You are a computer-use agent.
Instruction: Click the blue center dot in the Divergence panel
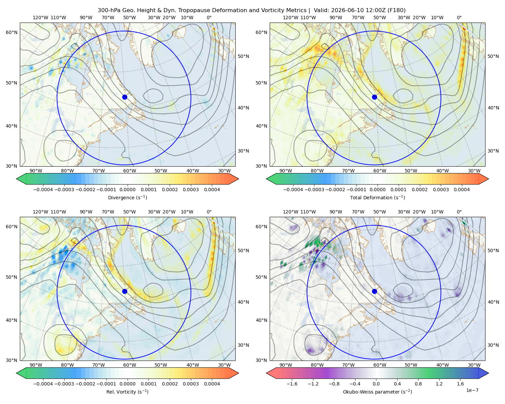tap(125, 97)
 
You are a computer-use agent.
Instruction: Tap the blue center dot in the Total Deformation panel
tap(374, 97)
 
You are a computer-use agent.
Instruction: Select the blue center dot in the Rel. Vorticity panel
tap(125, 291)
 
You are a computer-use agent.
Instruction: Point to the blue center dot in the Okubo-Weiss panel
tap(374, 291)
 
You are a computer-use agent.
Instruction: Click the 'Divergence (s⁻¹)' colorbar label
tap(127, 197)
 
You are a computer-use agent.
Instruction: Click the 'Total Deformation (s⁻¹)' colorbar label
tap(377, 197)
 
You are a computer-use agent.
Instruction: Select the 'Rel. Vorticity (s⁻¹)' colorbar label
tap(127, 392)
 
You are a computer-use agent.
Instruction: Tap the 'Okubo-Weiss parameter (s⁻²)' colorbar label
tap(377, 392)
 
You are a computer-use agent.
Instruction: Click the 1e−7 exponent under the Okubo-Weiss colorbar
tap(472, 390)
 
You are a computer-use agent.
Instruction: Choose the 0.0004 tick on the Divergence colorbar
tap(212, 190)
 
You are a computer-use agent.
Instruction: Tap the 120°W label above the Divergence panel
tap(40, 18)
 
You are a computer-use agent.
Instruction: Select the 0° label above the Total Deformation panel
tap(459, 18)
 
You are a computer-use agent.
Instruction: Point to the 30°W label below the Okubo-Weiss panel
tap(474, 365)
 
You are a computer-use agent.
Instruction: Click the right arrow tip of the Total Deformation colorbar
tap(489, 179)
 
